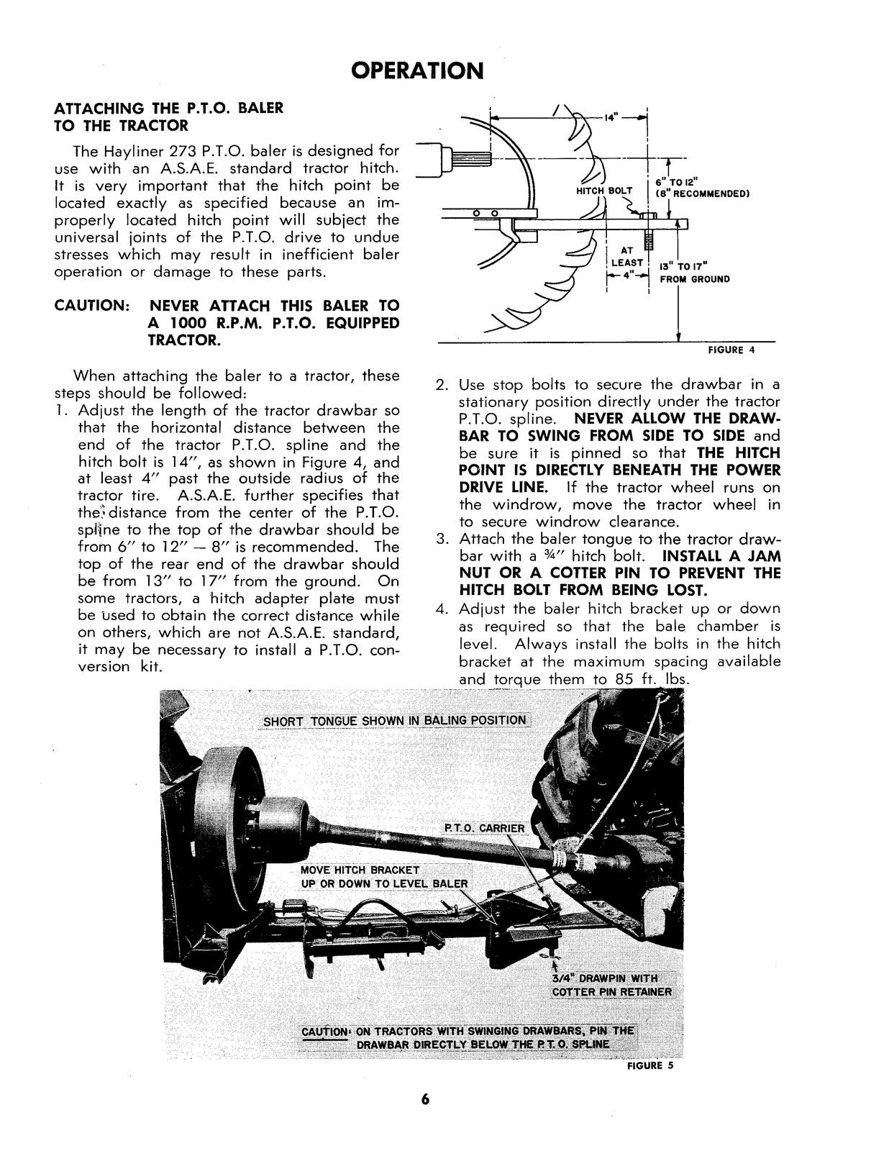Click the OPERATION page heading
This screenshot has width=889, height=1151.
417,70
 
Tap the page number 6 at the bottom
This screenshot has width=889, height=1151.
426,1099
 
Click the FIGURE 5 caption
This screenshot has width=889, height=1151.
649,1066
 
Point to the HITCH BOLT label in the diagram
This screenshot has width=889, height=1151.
604,191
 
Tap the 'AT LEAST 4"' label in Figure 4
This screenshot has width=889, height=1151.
626,263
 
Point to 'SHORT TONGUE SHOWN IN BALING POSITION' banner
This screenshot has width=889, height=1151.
394,721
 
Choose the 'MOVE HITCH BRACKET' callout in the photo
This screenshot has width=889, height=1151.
360,870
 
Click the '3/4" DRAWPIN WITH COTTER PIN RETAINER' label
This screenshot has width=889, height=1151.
611,985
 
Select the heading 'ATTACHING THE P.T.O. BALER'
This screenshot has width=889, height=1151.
169,108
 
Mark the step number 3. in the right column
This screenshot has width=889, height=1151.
443,539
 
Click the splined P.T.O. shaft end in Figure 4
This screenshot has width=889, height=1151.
471,157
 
